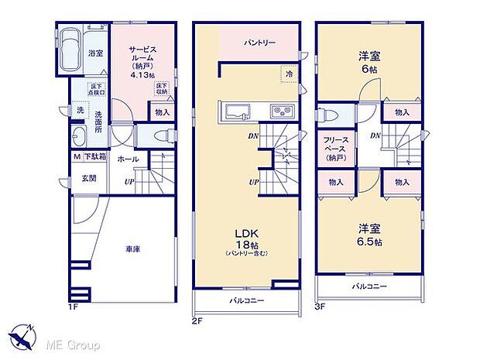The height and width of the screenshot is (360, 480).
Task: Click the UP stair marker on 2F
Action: [253, 182]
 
